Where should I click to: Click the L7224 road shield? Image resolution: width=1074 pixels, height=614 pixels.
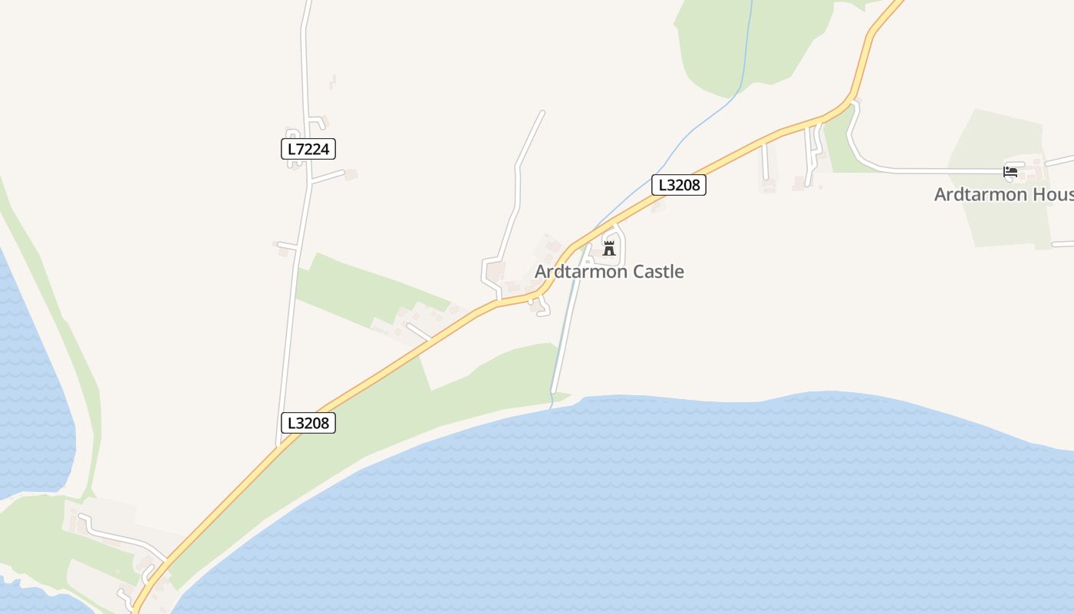coord(308,149)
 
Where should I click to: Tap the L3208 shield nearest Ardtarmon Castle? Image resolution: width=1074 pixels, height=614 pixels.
coord(679,185)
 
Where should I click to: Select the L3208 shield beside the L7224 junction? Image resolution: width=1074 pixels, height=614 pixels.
coord(308,423)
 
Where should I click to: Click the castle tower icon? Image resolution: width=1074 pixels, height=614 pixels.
coord(609,247)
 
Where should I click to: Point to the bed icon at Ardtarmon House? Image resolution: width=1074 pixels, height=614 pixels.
coord(1010,172)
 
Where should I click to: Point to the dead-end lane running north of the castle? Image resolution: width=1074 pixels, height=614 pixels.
coord(518,177)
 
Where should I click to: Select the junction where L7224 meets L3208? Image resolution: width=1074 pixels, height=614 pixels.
coord(280,445)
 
